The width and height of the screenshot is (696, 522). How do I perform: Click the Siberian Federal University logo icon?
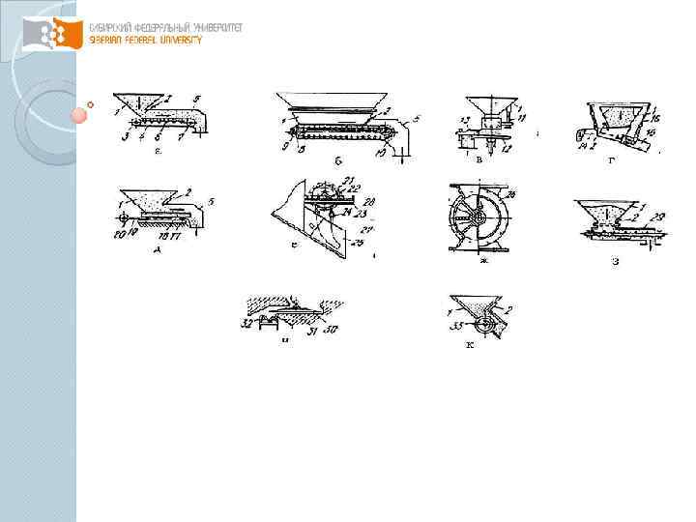pyautogui.click(x=51, y=35)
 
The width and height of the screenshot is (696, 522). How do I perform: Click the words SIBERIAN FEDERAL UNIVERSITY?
pyautogui.click(x=146, y=41)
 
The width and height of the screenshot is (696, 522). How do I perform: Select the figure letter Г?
pyautogui.click(x=610, y=159)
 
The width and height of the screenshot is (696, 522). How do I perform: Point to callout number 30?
pyautogui.click(x=333, y=330)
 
